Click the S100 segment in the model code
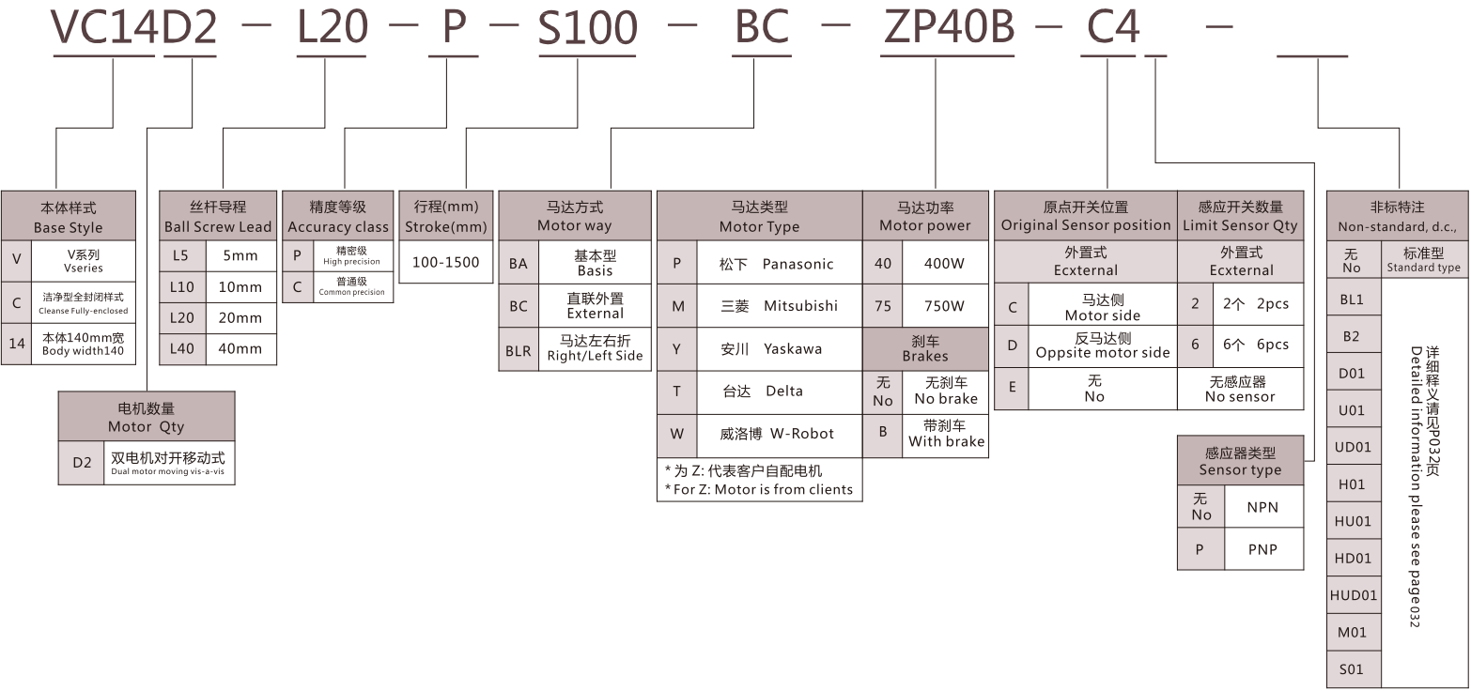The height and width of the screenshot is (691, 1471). click(x=587, y=28)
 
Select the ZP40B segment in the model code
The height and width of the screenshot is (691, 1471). click(x=949, y=28)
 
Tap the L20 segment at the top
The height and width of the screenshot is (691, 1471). click(x=332, y=28)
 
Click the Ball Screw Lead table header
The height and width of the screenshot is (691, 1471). click(x=218, y=216)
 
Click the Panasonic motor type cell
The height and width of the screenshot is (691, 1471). click(x=779, y=264)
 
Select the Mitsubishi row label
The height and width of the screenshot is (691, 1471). click(x=779, y=306)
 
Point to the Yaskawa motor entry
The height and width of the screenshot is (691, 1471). click(x=779, y=348)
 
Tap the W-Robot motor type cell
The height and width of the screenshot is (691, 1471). click(x=779, y=434)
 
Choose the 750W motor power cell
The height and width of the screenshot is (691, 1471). click(x=944, y=306)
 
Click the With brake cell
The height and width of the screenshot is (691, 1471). click(x=946, y=434)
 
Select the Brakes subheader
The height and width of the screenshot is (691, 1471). click(x=925, y=348)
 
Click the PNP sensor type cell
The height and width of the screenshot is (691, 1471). click(x=1262, y=549)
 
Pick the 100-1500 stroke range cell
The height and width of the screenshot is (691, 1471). click(x=445, y=263)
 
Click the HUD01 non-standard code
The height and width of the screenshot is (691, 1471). click(x=1354, y=595)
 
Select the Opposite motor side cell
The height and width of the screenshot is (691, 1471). click(x=1103, y=345)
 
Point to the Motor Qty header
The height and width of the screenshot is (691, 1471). click(x=146, y=417)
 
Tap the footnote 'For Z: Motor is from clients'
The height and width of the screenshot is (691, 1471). click(x=758, y=489)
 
